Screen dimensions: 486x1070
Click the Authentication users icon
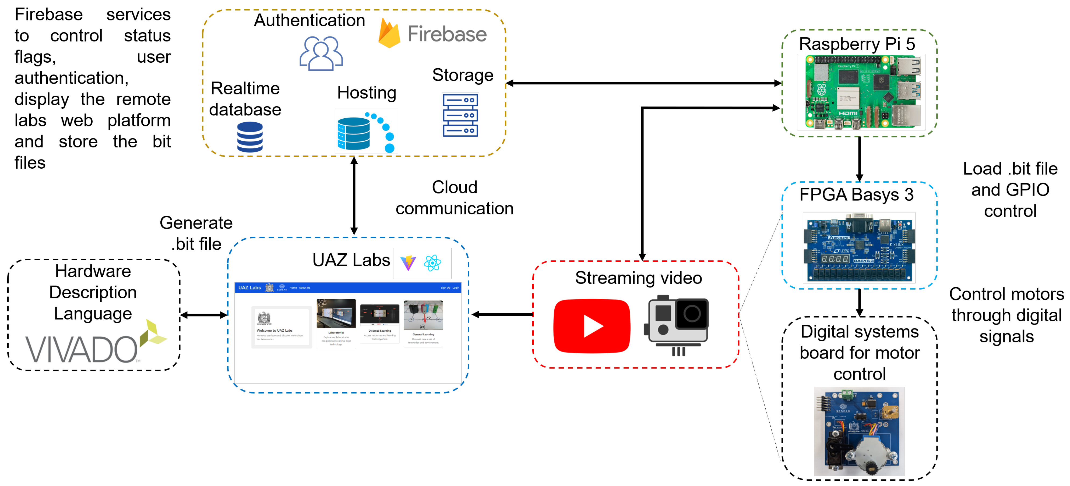point(321,54)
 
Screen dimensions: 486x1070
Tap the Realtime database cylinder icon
point(250,137)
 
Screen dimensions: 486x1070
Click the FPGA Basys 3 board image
point(859,248)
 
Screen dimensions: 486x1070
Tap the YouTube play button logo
point(592,326)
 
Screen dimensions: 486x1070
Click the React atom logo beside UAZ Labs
point(432,263)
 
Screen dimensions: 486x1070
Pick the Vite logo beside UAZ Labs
point(408,263)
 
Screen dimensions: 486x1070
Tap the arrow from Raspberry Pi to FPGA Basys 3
point(859,158)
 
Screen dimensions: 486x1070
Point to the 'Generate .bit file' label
point(196,233)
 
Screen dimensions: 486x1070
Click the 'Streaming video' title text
point(638,278)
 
